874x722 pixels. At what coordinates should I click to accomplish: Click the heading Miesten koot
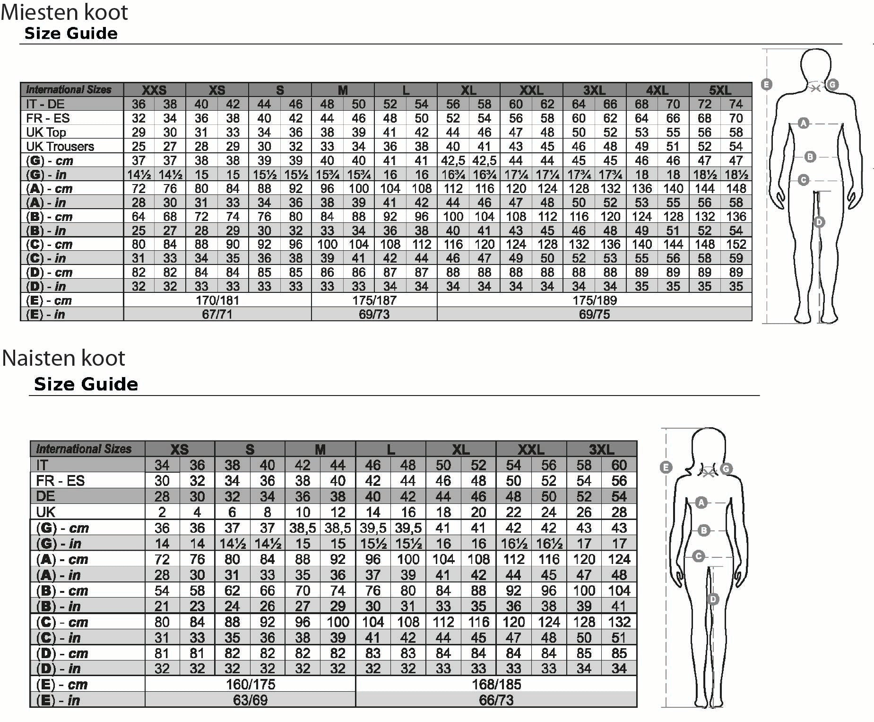(x=64, y=12)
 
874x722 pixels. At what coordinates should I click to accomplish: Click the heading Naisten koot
(x=63, y=358)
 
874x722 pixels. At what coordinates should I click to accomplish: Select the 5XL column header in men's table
(x=720, y=90)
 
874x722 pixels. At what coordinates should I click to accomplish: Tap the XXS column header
(x=154, y=90)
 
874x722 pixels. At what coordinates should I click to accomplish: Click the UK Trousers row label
(x=60, y=147)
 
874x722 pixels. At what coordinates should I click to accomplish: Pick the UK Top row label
(x=46, y=132)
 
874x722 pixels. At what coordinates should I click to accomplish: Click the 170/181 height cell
(x=217, y=300)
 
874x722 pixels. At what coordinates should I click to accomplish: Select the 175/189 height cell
(x=595, y=300)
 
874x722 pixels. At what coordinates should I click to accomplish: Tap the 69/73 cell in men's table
(x=374, y=315)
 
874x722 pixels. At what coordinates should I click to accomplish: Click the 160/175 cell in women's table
(x=251, y=684)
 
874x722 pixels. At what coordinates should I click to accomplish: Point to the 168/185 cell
(x=496, y=684)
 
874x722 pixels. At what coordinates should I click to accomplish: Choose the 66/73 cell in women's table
(x=496, y=700)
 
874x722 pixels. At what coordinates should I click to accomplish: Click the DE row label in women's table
(x=45, y=496)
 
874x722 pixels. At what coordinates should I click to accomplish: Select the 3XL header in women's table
(x=602, y=449)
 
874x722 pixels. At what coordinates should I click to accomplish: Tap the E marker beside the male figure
(x=767, y=85)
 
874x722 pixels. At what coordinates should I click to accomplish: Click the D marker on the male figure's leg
(x=819, y=222)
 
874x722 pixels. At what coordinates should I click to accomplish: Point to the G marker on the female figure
(x=726, y=468)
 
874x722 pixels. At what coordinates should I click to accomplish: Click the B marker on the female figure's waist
(x=704, y=530)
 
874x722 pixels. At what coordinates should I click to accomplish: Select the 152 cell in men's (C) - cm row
(x=736, y=245)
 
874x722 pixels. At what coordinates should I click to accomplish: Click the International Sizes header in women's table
(x=84, y=449)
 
